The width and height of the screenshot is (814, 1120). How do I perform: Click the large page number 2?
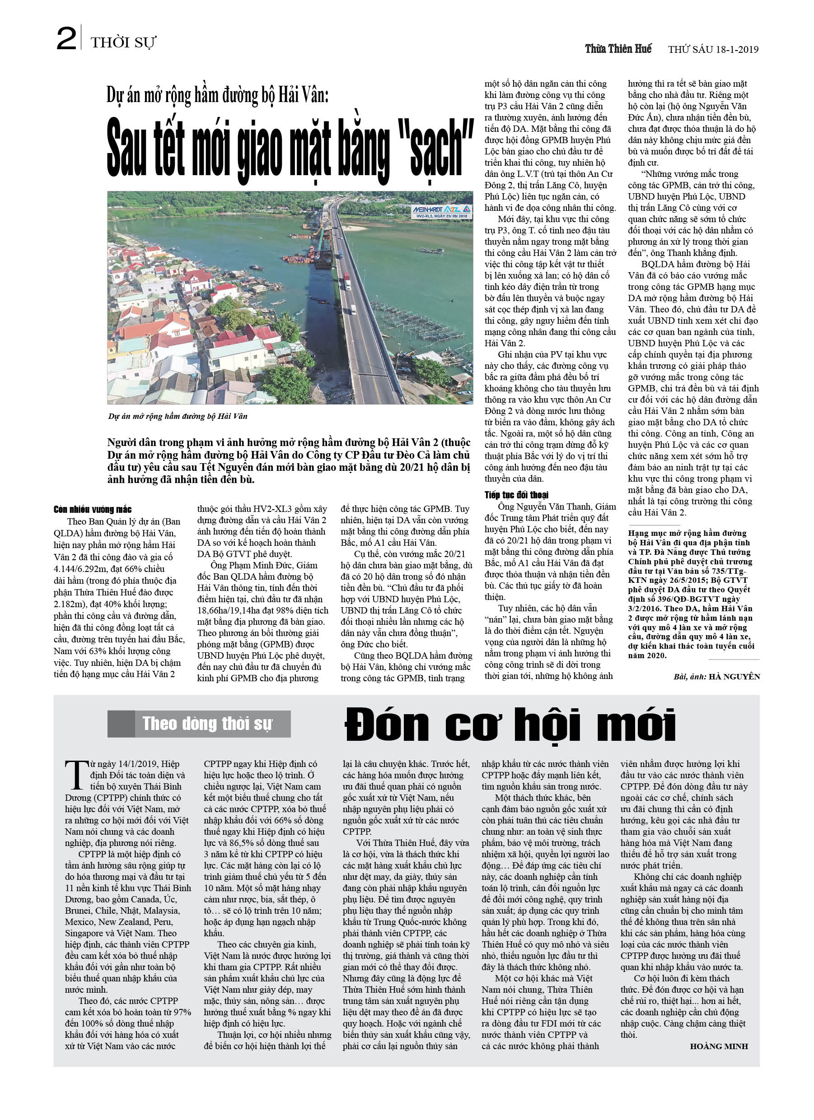(x=66, y=39)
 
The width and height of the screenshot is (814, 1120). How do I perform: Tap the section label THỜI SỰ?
(x=123, y=43)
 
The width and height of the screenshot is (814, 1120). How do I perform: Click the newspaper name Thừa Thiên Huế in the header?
(x=618, y=49)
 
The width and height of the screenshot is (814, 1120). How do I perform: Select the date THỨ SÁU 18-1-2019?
(x=713, y=49)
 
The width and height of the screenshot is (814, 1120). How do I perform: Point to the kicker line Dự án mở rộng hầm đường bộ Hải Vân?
(x=217, y=95)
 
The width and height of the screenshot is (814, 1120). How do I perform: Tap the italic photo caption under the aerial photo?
(x=178, y=416)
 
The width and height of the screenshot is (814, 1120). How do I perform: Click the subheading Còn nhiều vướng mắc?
(x=93, y=509)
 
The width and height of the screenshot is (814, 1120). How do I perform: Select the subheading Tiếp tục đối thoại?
(x=516, y=495)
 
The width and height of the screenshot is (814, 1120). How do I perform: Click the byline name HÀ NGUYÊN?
(x=734, y=677)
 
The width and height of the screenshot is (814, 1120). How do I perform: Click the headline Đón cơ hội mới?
(x=510, y=725)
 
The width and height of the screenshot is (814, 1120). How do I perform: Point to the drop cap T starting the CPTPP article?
(x=76, y=775)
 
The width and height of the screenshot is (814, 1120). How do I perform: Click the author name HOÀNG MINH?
(x=719, y=1046)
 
